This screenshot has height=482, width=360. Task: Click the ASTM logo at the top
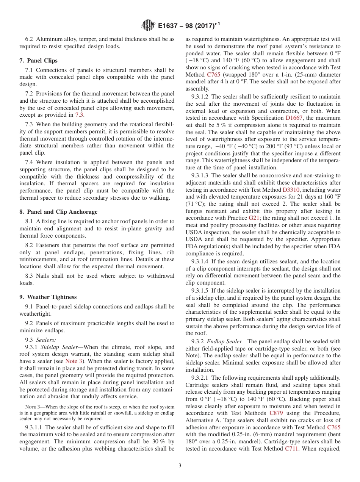click(x=148, y=26)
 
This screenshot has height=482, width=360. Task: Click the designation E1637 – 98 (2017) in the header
click(x=189, y=26)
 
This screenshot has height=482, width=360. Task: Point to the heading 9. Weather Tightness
click(x=48, y=297)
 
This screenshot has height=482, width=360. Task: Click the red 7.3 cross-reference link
click(x=80, y=115)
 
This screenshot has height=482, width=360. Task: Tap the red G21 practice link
click(x=253, y=218)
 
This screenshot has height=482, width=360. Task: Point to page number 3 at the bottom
click(x=180, y=466)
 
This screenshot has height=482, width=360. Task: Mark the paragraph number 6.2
click(x=29, y=39)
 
